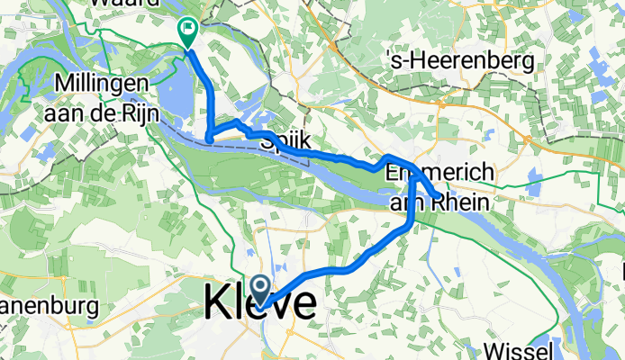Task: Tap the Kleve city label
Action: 260,302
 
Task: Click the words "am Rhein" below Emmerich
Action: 439,203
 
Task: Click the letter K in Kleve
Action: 217,302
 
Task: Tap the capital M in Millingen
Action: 63,83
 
